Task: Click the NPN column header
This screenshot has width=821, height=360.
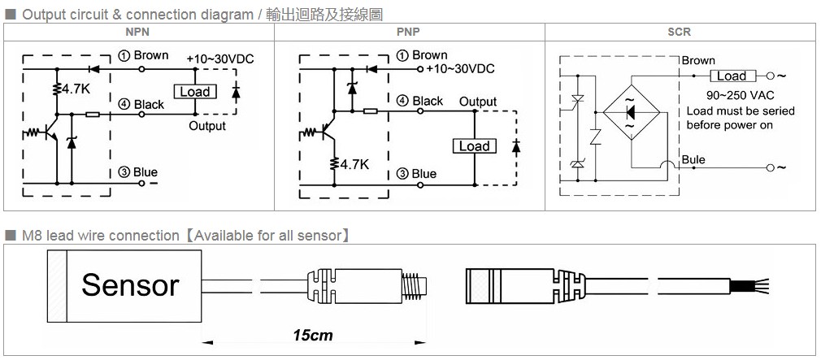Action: coord(138,32)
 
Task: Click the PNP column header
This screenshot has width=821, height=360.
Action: coord(409,32)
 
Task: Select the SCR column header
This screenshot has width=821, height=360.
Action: coord(679,32)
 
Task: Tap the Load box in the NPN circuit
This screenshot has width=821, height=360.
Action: coord(195,92)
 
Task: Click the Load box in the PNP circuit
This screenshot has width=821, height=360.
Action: coord(474,146)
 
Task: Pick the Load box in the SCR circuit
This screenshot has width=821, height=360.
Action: coord(731,76)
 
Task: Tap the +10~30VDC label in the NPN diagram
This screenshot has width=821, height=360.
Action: coord(219,59)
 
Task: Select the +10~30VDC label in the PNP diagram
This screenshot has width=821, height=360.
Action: coord(460,68)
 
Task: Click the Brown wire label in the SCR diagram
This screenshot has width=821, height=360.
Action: coord(698,60)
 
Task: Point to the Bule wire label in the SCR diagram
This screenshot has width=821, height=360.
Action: coord(693,159)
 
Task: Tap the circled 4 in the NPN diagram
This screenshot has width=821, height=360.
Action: coord(124,105)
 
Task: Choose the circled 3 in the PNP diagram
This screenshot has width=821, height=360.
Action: coord(402,174)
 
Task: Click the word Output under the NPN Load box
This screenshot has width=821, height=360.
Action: coord(207,126)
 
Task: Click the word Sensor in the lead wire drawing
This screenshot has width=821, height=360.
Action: coord(130,285)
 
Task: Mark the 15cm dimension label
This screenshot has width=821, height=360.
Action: coord(313,335)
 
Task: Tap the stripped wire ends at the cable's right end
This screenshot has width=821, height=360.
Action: coord(753,285)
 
